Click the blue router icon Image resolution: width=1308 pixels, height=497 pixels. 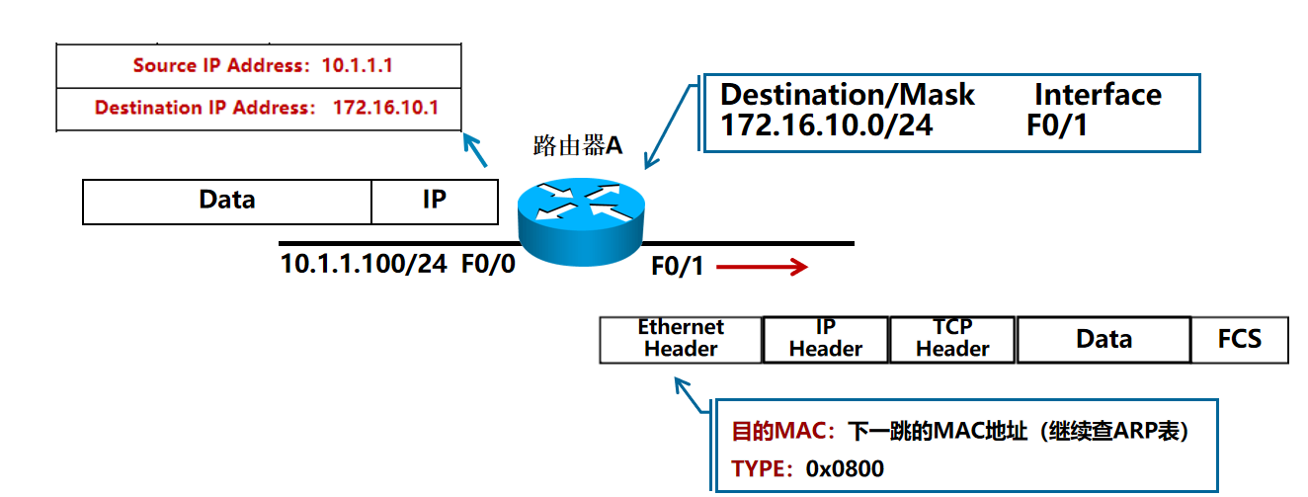(580, 213)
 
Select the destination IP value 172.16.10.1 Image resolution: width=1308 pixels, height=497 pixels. (385, 108)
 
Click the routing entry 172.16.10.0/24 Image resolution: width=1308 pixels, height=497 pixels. (826, 126)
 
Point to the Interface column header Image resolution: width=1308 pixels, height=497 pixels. (1098, 95)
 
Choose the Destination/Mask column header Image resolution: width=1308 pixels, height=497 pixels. (847, 95)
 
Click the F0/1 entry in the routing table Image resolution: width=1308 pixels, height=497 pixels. (1057, 126)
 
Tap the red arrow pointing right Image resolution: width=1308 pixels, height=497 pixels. (763, 267)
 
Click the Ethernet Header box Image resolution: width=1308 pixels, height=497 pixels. (681, 339)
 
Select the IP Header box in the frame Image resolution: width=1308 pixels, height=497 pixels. (826, 339)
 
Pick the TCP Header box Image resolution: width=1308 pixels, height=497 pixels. (952, 339)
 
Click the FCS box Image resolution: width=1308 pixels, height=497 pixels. (1239, 339)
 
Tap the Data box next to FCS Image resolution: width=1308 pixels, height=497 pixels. (1104, 339)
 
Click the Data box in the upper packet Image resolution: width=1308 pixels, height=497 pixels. (226, 201)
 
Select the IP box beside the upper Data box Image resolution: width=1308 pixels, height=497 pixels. (435, 201)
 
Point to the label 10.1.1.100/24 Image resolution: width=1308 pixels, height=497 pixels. (365, 265)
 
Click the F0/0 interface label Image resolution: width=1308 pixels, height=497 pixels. (488, 265)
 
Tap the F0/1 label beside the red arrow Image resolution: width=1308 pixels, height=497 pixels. (678, 267)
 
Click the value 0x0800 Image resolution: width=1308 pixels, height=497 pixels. (845, 469)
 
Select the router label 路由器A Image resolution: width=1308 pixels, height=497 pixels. (577, 146)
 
